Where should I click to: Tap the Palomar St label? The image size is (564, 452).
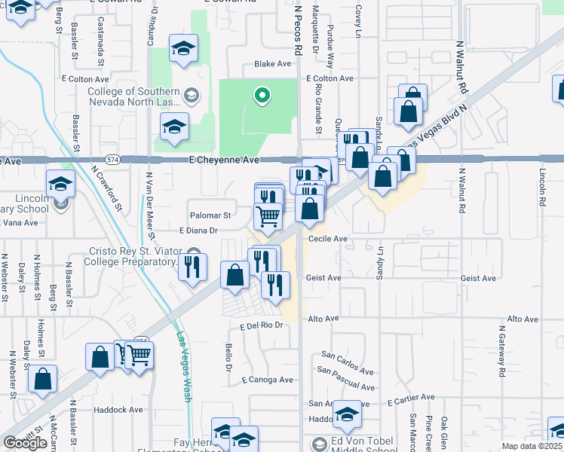[x=210, y=215]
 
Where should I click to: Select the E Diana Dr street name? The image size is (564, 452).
[x=198, y=231]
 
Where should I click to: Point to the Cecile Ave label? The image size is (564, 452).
[x=327, y=239]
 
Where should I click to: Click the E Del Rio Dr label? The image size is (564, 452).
[x=260, y=326]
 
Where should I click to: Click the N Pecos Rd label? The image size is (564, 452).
[x=298, y=30]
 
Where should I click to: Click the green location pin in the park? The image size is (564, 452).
[x=262, y=96]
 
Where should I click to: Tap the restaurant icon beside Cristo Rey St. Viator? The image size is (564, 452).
[x=193, y=266]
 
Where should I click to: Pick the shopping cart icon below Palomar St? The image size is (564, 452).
[x=268, y=216]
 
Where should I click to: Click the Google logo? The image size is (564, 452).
[x=25, y=443]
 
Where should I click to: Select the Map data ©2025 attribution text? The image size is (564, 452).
[x=532, y=446]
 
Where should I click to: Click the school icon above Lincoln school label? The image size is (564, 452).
[x=60, y=182]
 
